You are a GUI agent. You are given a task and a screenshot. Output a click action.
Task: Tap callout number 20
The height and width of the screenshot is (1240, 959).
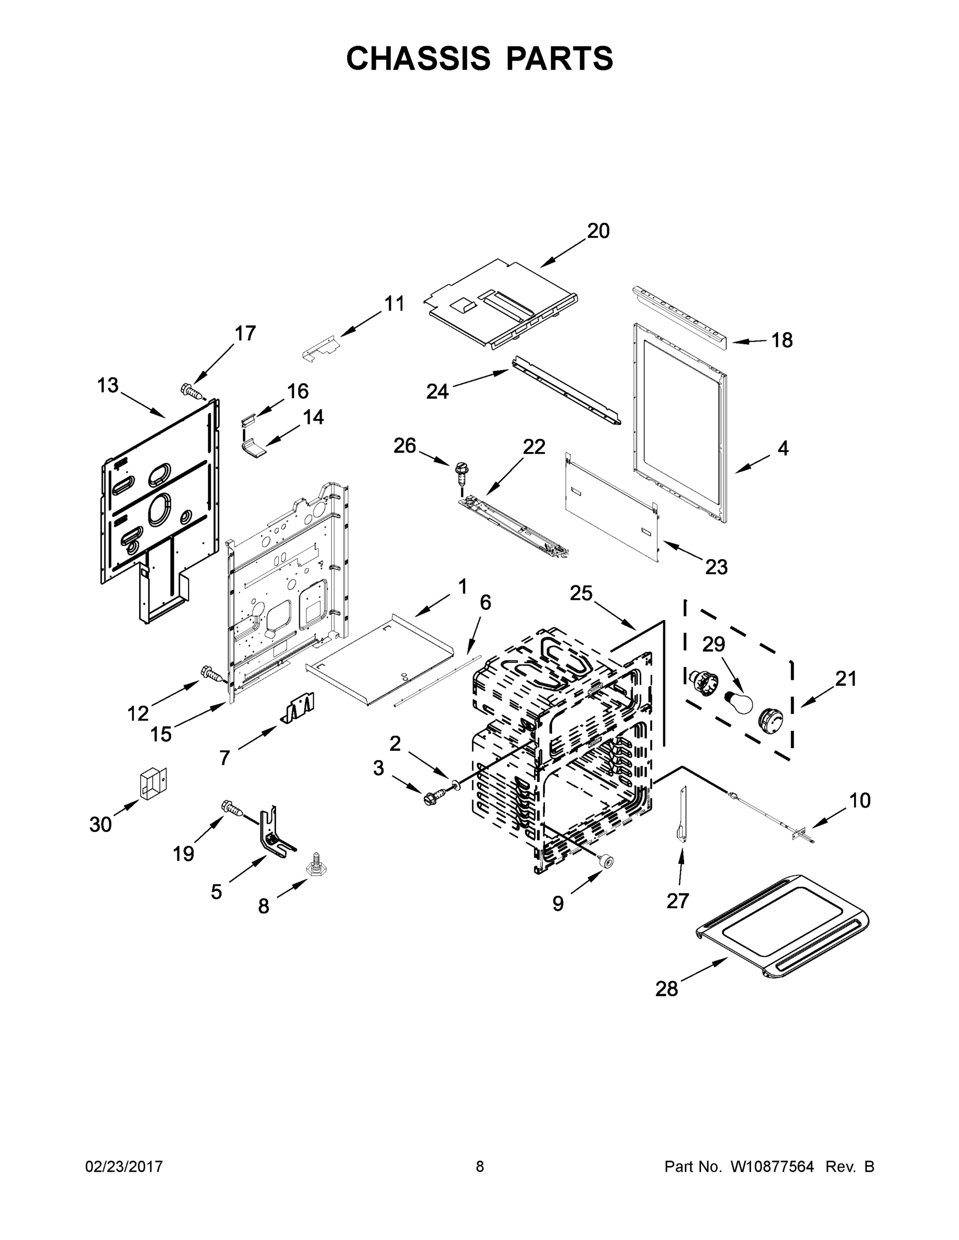point(598,231)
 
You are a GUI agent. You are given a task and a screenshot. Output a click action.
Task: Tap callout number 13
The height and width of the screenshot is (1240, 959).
point(108,385)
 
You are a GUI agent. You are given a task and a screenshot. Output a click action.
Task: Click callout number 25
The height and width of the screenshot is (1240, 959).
point(581,593)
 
